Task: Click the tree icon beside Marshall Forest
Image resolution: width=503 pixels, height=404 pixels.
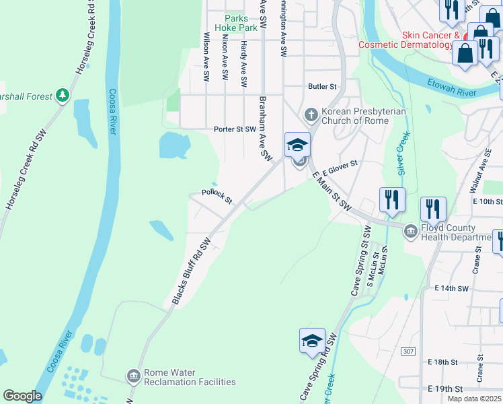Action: (x=63, y=96)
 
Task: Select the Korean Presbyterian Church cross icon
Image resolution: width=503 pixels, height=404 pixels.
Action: (x=311, y=115)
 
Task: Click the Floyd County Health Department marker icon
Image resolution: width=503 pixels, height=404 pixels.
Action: (x=410, y=232)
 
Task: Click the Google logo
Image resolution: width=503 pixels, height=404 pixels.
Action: (x=22, y=396)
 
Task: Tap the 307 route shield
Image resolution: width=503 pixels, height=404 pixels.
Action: (x=408, y=351)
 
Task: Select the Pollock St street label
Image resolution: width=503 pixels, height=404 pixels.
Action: (x=217, y=197)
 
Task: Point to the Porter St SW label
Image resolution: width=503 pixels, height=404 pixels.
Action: (x=235, y=129)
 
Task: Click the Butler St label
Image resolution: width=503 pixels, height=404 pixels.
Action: (x=321, y=86)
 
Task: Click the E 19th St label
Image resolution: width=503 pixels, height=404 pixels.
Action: (x=445, y=389)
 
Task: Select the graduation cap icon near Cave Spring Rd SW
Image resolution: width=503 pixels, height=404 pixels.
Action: (x=312, y=341)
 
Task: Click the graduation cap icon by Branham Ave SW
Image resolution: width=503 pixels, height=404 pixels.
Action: (x=297, y=143)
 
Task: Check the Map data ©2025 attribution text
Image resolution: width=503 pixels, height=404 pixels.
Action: (x=474, y=399)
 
